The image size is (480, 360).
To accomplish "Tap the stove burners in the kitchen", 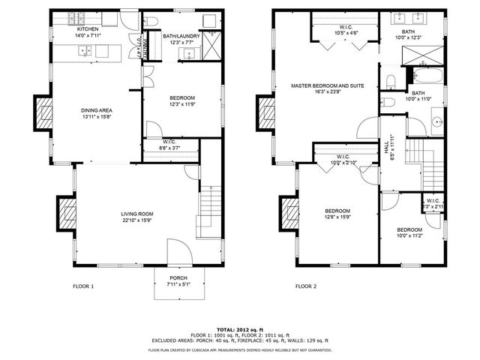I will point(76,16).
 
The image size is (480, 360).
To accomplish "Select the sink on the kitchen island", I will point(85,51).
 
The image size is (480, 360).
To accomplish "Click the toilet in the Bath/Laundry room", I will point(151,20).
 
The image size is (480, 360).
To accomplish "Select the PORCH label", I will point(178,277).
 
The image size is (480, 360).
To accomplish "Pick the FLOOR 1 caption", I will point(83,286).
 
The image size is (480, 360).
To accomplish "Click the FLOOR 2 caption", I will point(306,286).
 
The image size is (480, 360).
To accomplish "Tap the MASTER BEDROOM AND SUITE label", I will point(328,86).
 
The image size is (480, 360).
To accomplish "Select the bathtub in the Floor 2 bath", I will point(417,77).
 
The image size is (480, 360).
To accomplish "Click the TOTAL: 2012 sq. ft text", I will point(239,329).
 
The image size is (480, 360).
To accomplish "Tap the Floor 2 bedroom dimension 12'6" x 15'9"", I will point(337,217).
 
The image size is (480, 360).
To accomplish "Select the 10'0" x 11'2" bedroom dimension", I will point(409,235).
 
